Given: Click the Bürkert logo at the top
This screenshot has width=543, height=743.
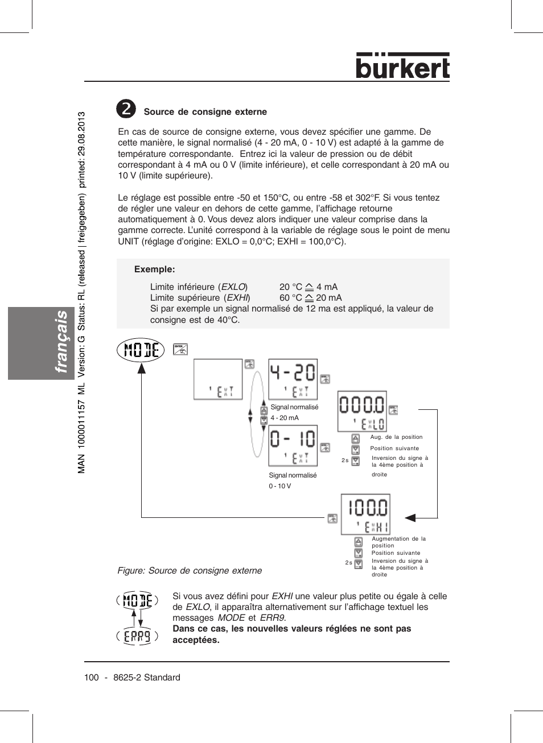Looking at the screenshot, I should pos(402,66).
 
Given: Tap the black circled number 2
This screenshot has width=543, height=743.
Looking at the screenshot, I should pos(126,109).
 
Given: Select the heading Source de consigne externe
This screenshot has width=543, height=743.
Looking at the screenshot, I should pos(205,112).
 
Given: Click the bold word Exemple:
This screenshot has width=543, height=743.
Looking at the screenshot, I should pos(154,269).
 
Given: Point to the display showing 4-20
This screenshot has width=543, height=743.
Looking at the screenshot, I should pos(293,379).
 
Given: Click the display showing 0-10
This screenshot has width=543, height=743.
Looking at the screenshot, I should pos(293,445).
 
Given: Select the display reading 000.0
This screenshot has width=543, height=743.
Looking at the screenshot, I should pos(362,411).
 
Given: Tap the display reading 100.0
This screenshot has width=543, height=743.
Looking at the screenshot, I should pos(365,514).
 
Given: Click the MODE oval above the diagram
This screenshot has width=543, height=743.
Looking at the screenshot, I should pos(141,350).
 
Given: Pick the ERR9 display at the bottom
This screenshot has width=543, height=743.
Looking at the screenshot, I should pos(137,636).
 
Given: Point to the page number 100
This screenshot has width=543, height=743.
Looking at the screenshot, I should pos(91,678).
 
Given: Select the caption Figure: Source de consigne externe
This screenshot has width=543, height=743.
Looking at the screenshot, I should pos(190,571).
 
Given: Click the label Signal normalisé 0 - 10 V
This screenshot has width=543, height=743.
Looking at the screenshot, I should pos(293,480).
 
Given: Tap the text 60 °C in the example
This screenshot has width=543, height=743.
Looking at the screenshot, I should pos(290,298).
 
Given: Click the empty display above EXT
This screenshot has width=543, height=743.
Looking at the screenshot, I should pos(218,379).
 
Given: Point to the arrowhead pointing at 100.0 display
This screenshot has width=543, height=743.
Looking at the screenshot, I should pos(410,517).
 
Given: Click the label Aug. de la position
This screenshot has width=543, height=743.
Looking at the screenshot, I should pos(396,437).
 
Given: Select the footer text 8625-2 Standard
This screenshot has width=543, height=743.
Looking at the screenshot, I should pos(147,678).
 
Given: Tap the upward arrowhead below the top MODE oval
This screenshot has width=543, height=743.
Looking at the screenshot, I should pos(141,368).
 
